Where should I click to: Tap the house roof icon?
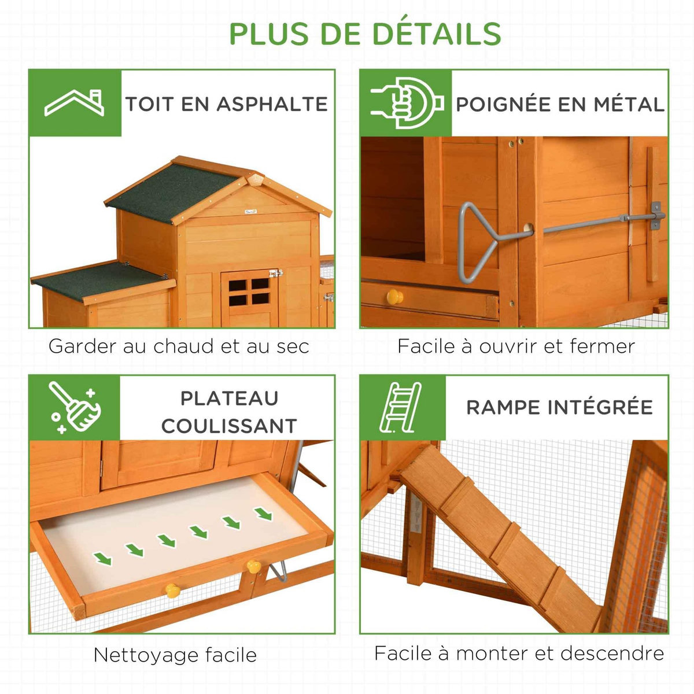click(75, 103)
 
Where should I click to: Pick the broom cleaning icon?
click(75, 407)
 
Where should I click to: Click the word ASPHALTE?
click(272, 104)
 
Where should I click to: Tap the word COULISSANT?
click(229, 426)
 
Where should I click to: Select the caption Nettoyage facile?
click(175, 655)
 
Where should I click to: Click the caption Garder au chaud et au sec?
click(179, 346)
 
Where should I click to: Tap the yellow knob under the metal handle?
click(395, 297)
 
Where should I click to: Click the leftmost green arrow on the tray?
click(103, 558)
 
